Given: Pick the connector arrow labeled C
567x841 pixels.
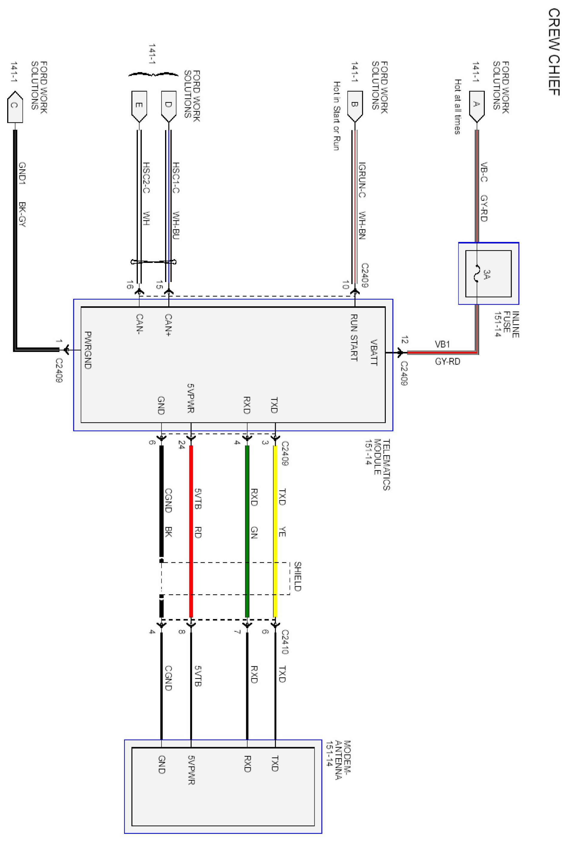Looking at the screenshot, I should [x=14, y=107].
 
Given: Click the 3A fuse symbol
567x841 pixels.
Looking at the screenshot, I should [x=477, y=274].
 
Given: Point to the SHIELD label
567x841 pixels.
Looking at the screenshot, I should [x=297, y=576].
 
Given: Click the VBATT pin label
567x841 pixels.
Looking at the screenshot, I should [x=375, y=352].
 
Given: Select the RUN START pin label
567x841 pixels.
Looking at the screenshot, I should [x=354, y=337].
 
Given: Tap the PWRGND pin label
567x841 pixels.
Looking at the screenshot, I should [x=88, y=350].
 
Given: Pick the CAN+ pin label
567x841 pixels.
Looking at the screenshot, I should [x=168, y=325].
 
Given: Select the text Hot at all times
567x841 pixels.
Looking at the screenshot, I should [x=458, y=107].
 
